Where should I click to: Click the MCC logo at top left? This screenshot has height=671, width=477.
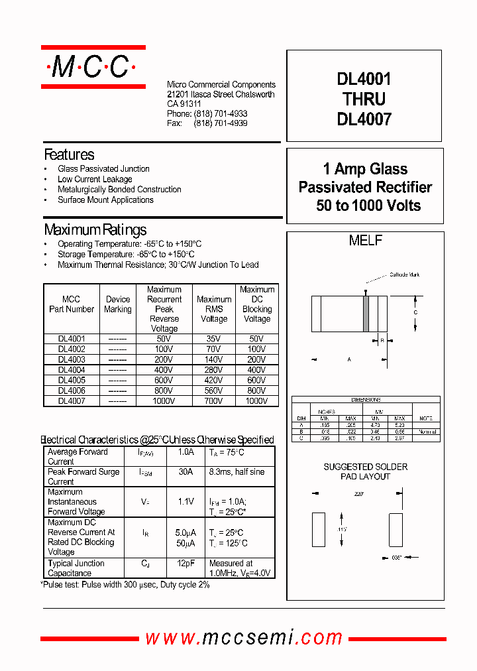click(93, 67)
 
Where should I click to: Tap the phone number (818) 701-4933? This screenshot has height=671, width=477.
click(221, 114)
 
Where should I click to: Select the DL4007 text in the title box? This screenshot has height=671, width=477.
click(364, 119)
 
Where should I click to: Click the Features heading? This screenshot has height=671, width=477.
click(69, 154)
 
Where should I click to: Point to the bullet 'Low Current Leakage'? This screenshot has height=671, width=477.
click(95, 179)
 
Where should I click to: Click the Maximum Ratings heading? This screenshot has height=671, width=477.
click(95, 230)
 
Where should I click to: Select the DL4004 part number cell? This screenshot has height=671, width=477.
click(71, 370)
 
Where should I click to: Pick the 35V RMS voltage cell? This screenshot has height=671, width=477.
click(213, 339)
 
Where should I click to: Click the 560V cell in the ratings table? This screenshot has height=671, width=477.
click(213, 391)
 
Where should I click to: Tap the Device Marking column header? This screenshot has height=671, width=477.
click(118, 304)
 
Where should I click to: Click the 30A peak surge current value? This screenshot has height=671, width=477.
click(185, 472)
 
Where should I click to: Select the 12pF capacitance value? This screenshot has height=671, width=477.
click(185, 564)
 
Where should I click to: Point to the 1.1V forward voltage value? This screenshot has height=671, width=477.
click(185, 502)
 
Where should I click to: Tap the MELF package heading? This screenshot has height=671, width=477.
click(365, 241)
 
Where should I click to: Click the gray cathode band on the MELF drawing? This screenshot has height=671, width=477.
click(365, 313)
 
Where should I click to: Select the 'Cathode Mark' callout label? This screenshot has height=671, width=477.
click(404, 274)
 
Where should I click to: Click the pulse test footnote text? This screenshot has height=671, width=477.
click(125, 584)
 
